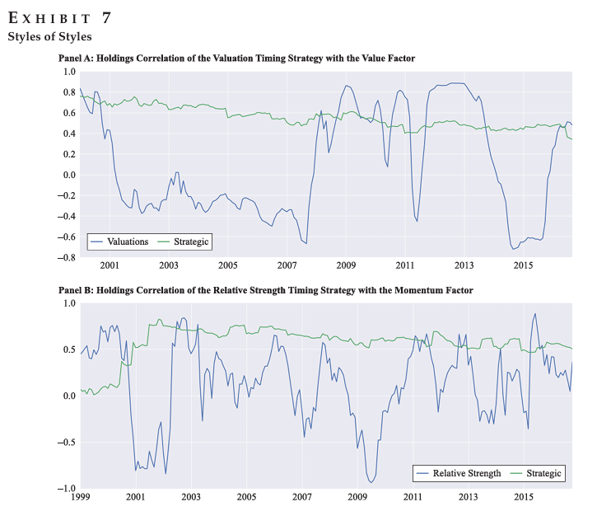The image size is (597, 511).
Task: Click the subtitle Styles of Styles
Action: click(x=49, y=37)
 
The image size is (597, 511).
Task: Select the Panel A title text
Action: click(x=237, y=59)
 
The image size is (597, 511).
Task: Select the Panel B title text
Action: click(x=266, y=291)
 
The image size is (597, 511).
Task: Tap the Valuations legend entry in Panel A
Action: click(x=128, y=241)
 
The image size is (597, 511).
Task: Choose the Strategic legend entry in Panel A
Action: click(x=193, y=241)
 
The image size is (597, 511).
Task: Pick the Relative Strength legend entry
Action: click(x=467, y=473)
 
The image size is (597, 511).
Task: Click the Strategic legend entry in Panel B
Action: click(x=543, y=473)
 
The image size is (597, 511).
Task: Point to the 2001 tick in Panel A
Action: click(x=110, y=266)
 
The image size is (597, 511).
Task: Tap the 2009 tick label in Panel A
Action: click(x=346, y=266)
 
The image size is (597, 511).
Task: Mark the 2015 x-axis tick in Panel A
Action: click(x=523, y=266)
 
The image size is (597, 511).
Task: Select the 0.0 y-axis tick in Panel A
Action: click(x=67, y=175)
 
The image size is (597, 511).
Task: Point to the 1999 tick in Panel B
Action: click(x=81, y=498)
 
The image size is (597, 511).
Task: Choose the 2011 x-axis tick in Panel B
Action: click(x=413, y=498)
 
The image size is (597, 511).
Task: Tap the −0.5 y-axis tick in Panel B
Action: click(x=63, y=443)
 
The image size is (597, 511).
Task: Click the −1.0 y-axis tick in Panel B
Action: click(x=63, y=489)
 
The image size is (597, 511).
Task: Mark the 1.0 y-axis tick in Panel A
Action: click(x=67, y=72)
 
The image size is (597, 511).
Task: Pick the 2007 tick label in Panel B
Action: click(x=301, y=498)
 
